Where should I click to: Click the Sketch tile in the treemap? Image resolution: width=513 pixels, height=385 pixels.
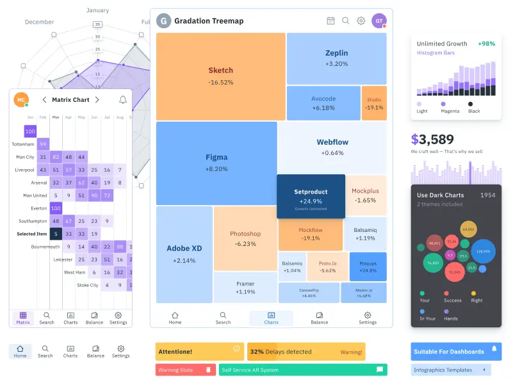coord(220,76)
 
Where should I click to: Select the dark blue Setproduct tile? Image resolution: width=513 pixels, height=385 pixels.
coord(311,196)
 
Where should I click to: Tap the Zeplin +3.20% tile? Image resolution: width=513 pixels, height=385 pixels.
coord(336,58)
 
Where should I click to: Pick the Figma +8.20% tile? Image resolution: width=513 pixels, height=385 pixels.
coord(216,163)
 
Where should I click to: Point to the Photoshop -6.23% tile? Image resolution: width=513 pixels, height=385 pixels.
coord(245,238)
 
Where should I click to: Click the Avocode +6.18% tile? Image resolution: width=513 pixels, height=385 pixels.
coord(323,103)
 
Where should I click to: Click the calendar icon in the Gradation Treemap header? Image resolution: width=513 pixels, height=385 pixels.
coord(330,20)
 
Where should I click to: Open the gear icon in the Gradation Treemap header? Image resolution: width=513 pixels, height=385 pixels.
coord(361,20)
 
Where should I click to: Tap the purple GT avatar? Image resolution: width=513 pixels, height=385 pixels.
coord(379,20)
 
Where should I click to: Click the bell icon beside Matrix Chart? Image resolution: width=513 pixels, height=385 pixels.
coord(122,100)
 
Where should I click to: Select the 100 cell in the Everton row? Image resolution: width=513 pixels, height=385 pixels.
coord(56,208)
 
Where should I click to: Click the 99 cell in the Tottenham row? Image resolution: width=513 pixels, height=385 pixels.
coord(43,144)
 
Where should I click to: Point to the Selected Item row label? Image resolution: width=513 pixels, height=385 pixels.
coord(31,234)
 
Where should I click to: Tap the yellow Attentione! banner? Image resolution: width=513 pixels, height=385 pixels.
coord(199,351)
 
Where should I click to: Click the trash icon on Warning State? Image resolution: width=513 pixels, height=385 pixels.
coord(208,370)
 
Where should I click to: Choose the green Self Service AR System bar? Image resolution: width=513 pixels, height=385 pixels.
coord(302,370)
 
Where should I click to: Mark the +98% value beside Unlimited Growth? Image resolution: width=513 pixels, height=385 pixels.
coord(486,44)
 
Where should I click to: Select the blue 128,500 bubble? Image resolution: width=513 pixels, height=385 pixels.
coord(483,251)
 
